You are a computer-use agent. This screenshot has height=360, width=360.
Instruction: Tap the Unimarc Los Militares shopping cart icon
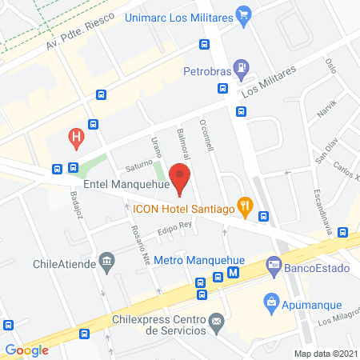click(x=245, y=14)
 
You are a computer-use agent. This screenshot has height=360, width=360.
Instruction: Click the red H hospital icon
click(x=76, y=137)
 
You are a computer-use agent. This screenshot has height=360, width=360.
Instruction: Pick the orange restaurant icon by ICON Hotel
click(x=246, y=204)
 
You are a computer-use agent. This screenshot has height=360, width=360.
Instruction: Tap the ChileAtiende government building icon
click(x=106, y=262)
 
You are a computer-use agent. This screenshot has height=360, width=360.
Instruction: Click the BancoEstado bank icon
click(x=274, y=262)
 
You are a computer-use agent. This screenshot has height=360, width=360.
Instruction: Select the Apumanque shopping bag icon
click(x=270, y=302)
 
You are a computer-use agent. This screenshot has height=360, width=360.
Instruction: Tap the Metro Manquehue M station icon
click(x=233, y=273)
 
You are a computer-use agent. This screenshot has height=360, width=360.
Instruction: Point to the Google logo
click(x=27, y=349)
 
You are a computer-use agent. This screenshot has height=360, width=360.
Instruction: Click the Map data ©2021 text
click(x=326, y=353)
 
